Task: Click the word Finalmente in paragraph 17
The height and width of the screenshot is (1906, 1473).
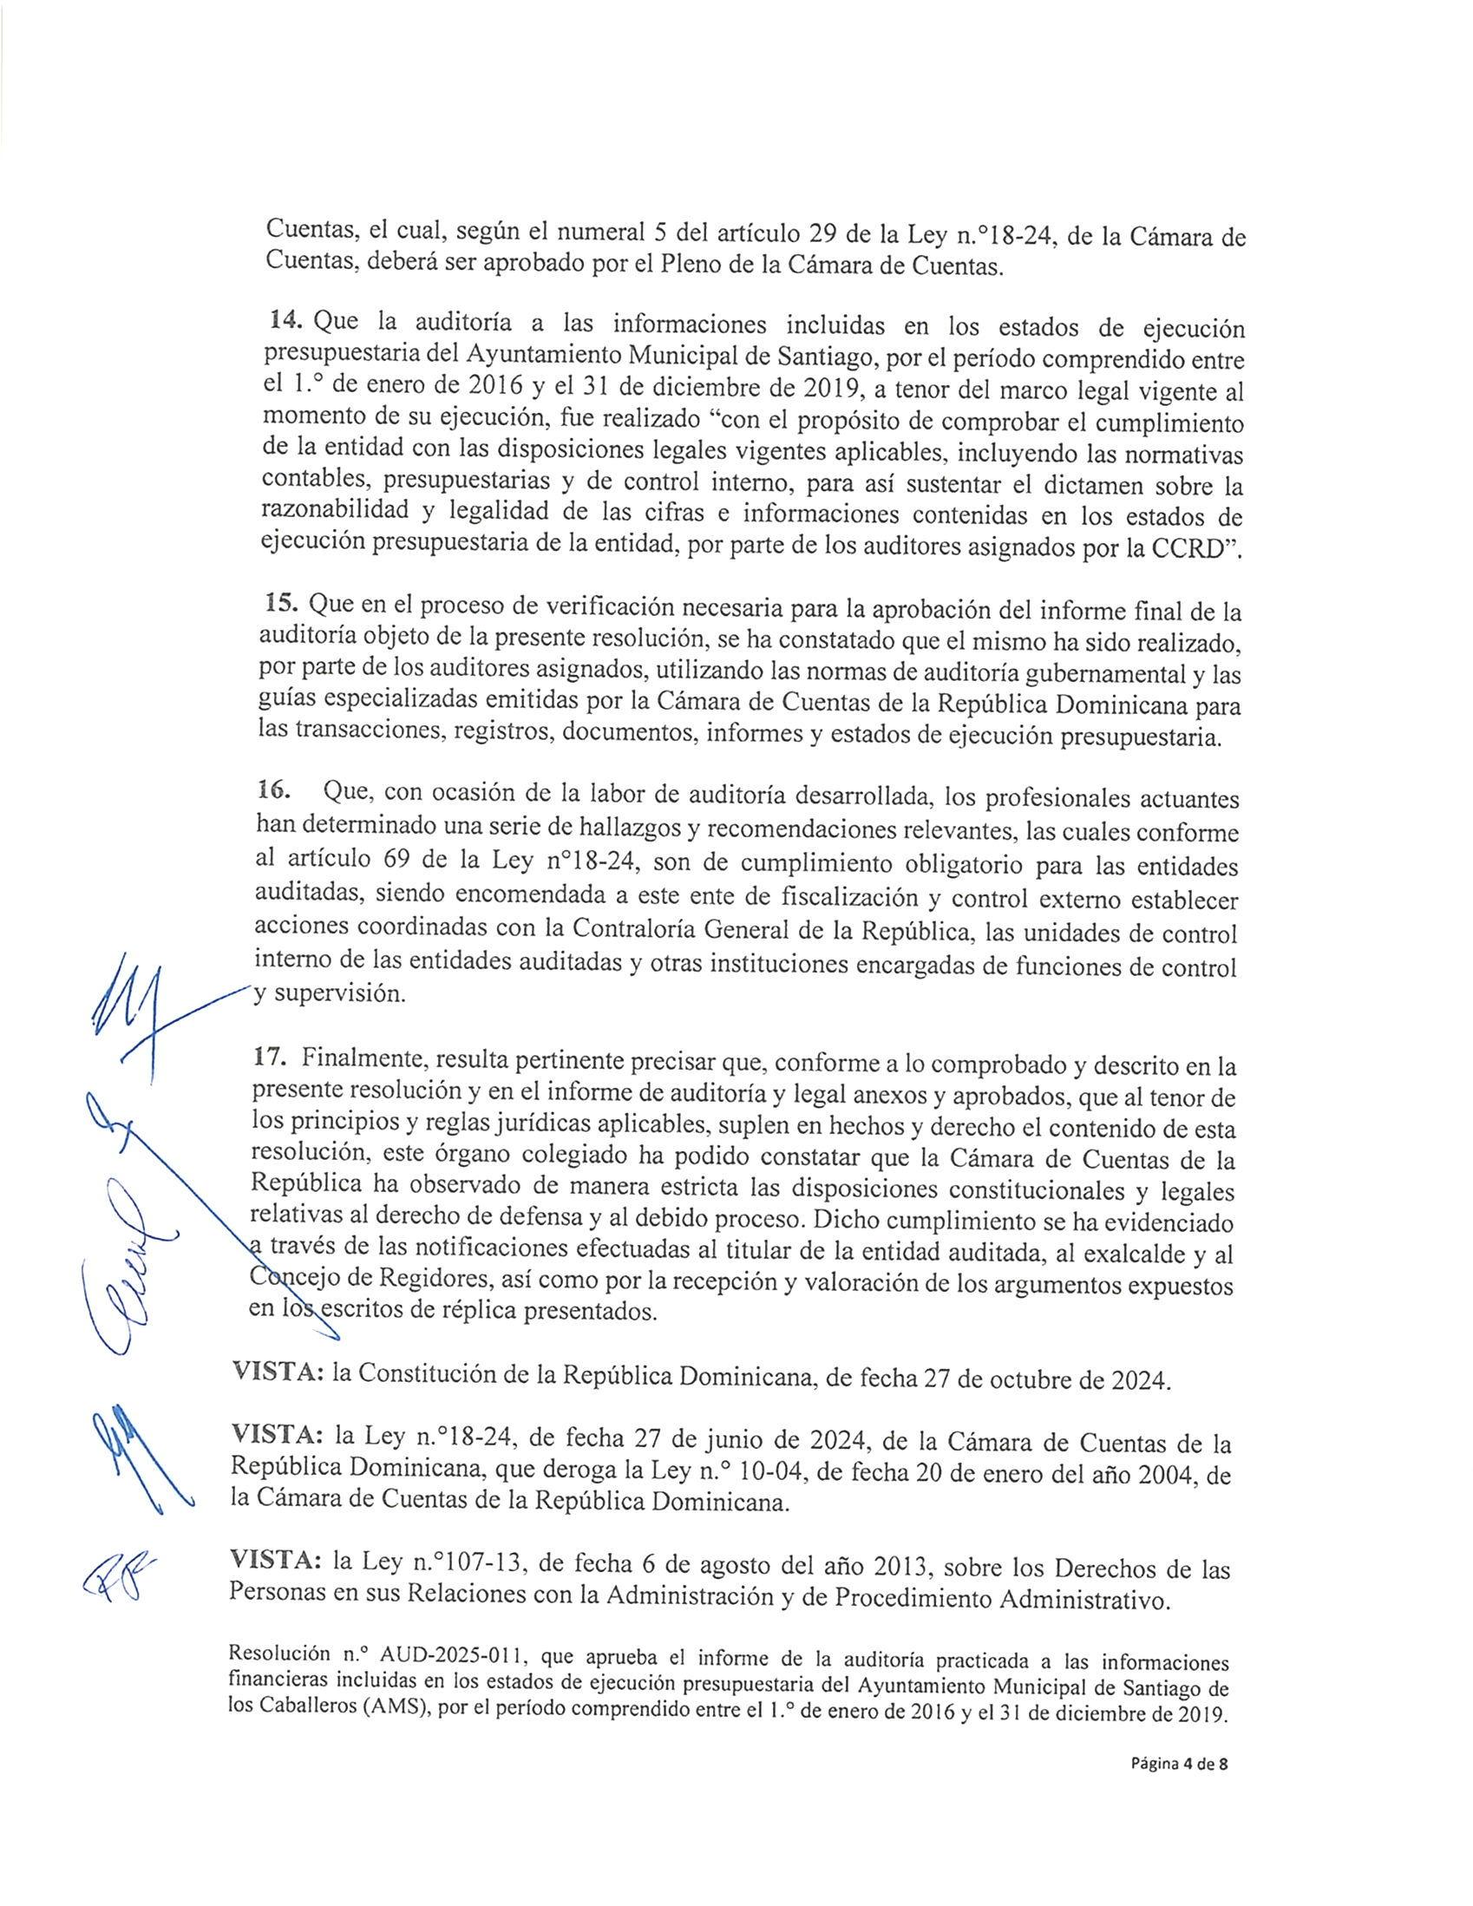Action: (x=360, y=1059)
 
